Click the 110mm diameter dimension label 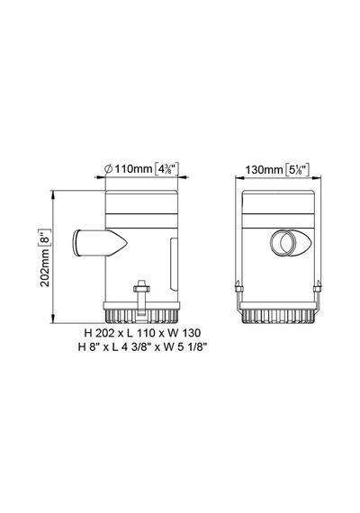click(x=133, y=169)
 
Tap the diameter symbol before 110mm click(x=108, y=169)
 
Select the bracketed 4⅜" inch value click(x=166, y=169)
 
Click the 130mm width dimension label click(x=264, y=170)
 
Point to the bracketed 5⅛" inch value click(x=298, y=169)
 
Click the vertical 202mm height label click(x=44, y=267)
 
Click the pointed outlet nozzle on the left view click(x=100, y=242)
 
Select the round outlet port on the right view click(x=283, y=242)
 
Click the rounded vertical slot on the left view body click(x=174, y=265)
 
